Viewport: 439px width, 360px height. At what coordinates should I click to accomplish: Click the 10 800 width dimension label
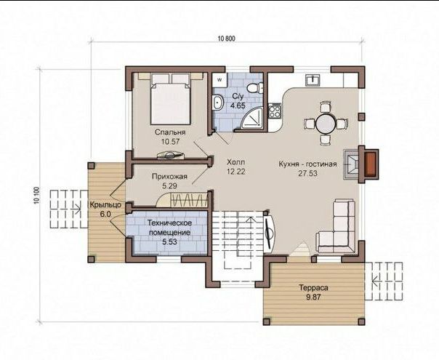(227, 39)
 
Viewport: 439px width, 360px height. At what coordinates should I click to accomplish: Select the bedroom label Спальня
(170, 132)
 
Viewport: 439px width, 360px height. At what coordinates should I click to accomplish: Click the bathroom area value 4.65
(238, 105)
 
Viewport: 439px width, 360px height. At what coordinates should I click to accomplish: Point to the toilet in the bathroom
(255, 87)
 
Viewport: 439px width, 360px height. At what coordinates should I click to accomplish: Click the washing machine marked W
(219, 79)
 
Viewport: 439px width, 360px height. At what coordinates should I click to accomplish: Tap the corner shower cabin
(253, 119)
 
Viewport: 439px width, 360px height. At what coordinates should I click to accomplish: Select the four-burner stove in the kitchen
(275, 111)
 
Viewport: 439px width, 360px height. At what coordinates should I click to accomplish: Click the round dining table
(326, 123)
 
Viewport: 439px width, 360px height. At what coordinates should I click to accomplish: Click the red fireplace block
(371, 164)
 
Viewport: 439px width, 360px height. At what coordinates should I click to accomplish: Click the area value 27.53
(307, 173)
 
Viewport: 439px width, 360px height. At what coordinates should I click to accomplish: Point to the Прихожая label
(169, 177)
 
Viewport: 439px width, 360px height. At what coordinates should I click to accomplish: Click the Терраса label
(313, 287)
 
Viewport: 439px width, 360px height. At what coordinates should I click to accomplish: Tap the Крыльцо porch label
(105, 204)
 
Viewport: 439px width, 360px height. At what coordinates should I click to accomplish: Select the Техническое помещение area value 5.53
(169, 241)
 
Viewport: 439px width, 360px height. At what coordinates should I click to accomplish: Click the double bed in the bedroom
(171, 99)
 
